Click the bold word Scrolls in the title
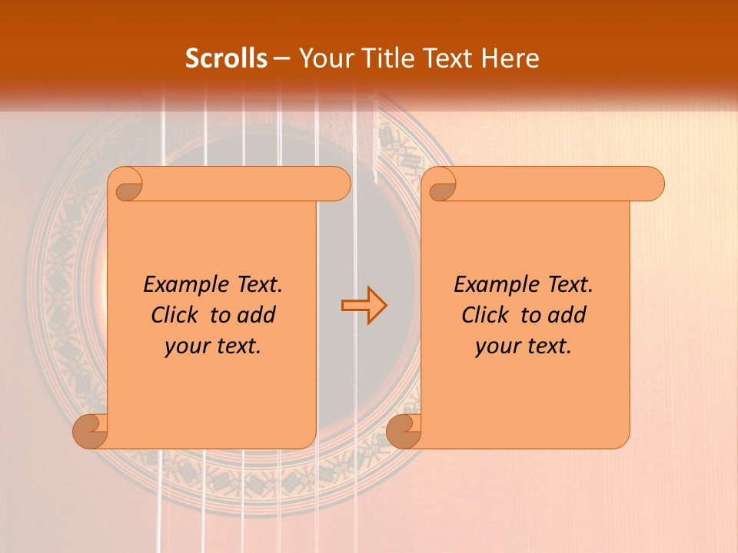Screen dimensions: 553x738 [227, 58]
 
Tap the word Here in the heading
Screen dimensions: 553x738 [510, 58]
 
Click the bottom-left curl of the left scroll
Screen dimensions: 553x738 [91, 431]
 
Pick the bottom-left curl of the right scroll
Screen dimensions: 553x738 [404, 431]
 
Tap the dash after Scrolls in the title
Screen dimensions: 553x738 [281, 58]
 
